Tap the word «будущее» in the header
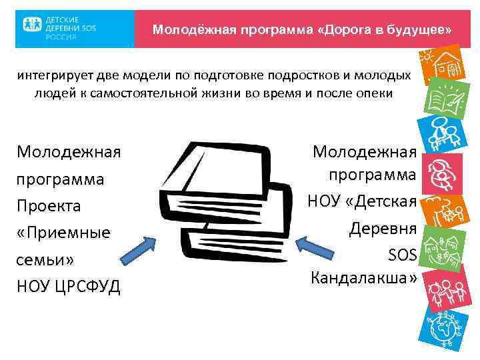(x=421, y=31)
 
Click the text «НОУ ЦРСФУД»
(x=68, y=287)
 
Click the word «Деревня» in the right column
(x=383, y=229)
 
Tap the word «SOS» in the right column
(x=402, y=253)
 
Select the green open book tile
(x=441, y=97)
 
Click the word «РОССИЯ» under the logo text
(x=61, y=37)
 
